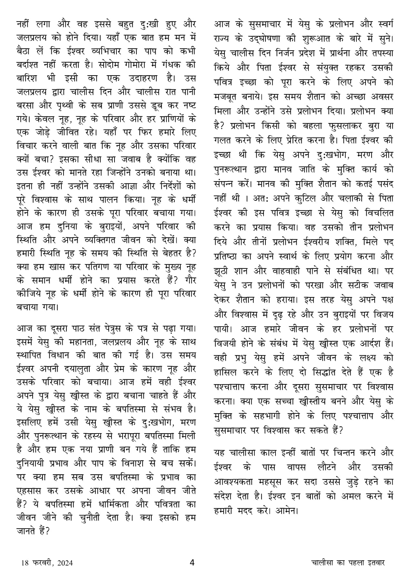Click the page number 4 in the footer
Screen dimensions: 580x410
pos(192,562)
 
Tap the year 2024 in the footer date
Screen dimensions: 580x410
pos(65,563)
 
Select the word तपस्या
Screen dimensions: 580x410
pos(379,51)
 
